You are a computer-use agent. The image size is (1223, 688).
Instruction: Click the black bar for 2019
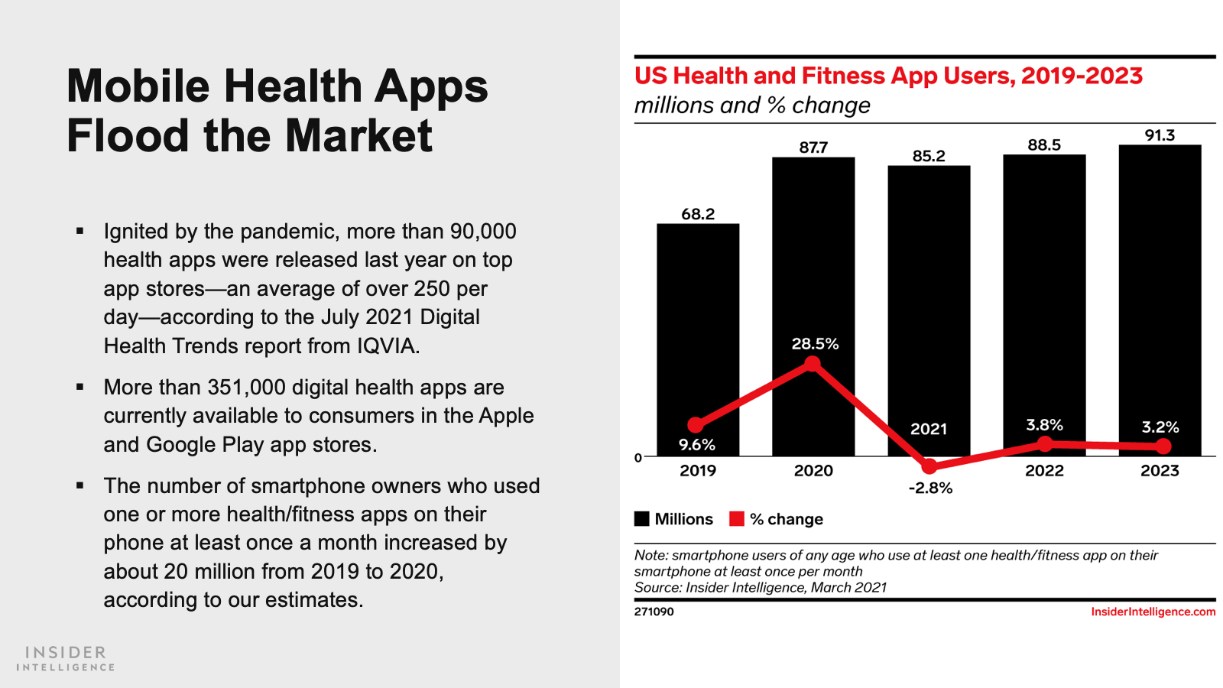[698, 336]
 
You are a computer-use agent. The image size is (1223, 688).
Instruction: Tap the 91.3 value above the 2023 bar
[1160, 135]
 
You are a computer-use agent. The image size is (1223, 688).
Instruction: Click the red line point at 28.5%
[813, 364]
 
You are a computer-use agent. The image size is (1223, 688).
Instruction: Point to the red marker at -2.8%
[929, 466]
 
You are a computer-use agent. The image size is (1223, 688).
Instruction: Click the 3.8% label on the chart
[1044, 425]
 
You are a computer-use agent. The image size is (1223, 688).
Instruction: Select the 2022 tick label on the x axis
[1044, 471]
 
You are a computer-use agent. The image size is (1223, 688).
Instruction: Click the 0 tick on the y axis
[638, 458]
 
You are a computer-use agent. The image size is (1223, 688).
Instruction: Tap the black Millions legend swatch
[642, 519]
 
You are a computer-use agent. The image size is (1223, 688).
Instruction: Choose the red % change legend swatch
[737, 519]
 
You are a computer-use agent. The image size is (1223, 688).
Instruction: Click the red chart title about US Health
[888, 76]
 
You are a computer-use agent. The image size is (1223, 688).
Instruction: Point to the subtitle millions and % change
[752, 105]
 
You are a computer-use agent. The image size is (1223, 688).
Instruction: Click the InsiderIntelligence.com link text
[1153, 612]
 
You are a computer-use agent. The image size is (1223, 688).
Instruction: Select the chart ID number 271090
[654, 612]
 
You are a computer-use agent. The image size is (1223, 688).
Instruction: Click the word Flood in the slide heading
[128, 136]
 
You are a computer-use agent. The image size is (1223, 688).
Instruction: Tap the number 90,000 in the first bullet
[483, 232]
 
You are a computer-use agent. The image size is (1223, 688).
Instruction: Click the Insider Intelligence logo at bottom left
[66, 658]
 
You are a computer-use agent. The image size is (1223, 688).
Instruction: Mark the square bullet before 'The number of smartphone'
[80, 485]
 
